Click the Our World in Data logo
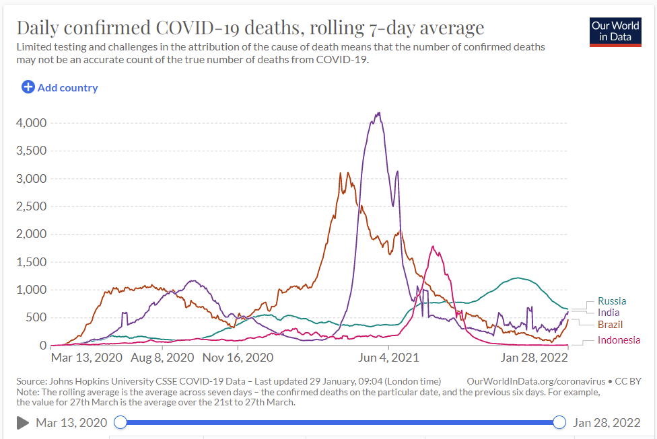616,31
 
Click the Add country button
60,87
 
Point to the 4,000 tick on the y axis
30,123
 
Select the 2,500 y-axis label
30,206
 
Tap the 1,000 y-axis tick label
30,290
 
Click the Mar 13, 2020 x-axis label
85,357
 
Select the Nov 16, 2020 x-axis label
238,357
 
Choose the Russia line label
611,301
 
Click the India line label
609,313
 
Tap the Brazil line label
610,325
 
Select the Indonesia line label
618,340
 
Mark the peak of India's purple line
380,113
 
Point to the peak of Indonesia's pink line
433,247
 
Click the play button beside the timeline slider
22,422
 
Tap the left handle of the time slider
120,422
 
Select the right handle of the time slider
559,422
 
